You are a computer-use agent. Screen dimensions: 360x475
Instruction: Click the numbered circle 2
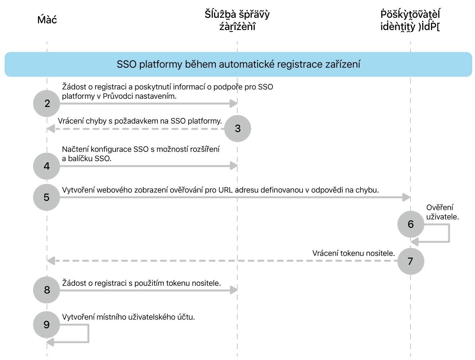pos(47,104)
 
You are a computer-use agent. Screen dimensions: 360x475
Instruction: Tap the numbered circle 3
pos(238,128)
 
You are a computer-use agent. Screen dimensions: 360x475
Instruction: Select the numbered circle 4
pos(47,166)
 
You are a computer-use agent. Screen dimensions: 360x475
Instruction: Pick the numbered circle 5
pos(47,197)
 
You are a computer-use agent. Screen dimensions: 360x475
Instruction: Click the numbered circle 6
pos(410,224)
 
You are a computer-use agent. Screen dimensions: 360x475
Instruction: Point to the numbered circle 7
pos(410,261)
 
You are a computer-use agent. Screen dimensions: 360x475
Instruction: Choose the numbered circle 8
pos(47,290)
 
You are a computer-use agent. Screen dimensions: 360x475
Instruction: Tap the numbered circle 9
pos(47,325)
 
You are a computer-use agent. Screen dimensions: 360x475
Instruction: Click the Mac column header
pos(47,20)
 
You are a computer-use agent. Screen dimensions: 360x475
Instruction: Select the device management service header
pos(237,20)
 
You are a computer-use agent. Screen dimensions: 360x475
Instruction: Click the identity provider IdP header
pos(410,20)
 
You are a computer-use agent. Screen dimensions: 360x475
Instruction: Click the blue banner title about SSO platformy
pos(238,65)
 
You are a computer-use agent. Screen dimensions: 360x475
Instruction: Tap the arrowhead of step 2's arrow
pos(234,104)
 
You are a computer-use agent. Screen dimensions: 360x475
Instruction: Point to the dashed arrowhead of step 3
pos(51,129)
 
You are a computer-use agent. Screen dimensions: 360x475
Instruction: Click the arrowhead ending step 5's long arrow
pos(406,197)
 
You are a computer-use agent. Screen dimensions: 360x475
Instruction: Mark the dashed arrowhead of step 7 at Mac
pos(51,261)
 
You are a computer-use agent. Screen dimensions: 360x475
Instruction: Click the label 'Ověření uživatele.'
pos(442,212)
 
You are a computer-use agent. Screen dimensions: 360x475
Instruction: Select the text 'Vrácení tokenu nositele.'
pos(353,253)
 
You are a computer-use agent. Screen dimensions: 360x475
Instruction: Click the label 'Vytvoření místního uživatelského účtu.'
pos(128,317)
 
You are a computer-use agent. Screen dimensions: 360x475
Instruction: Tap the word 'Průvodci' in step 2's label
pos(117,96)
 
